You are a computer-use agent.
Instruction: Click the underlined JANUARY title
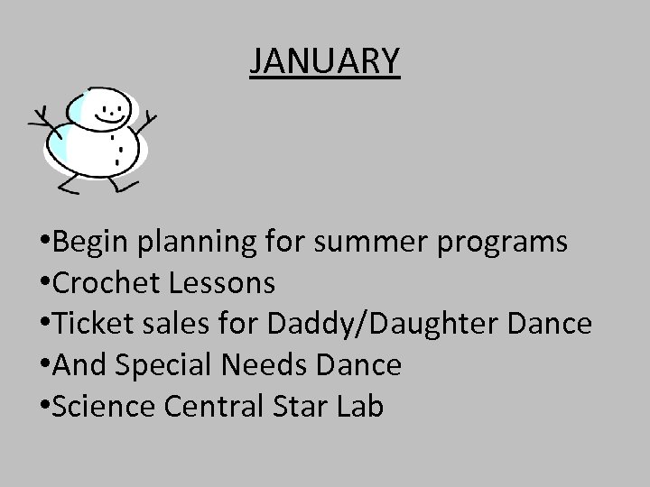pos(325,61)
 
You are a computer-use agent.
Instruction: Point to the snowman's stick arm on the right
pos(146,123)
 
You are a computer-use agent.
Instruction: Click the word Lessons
pos(221,284)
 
